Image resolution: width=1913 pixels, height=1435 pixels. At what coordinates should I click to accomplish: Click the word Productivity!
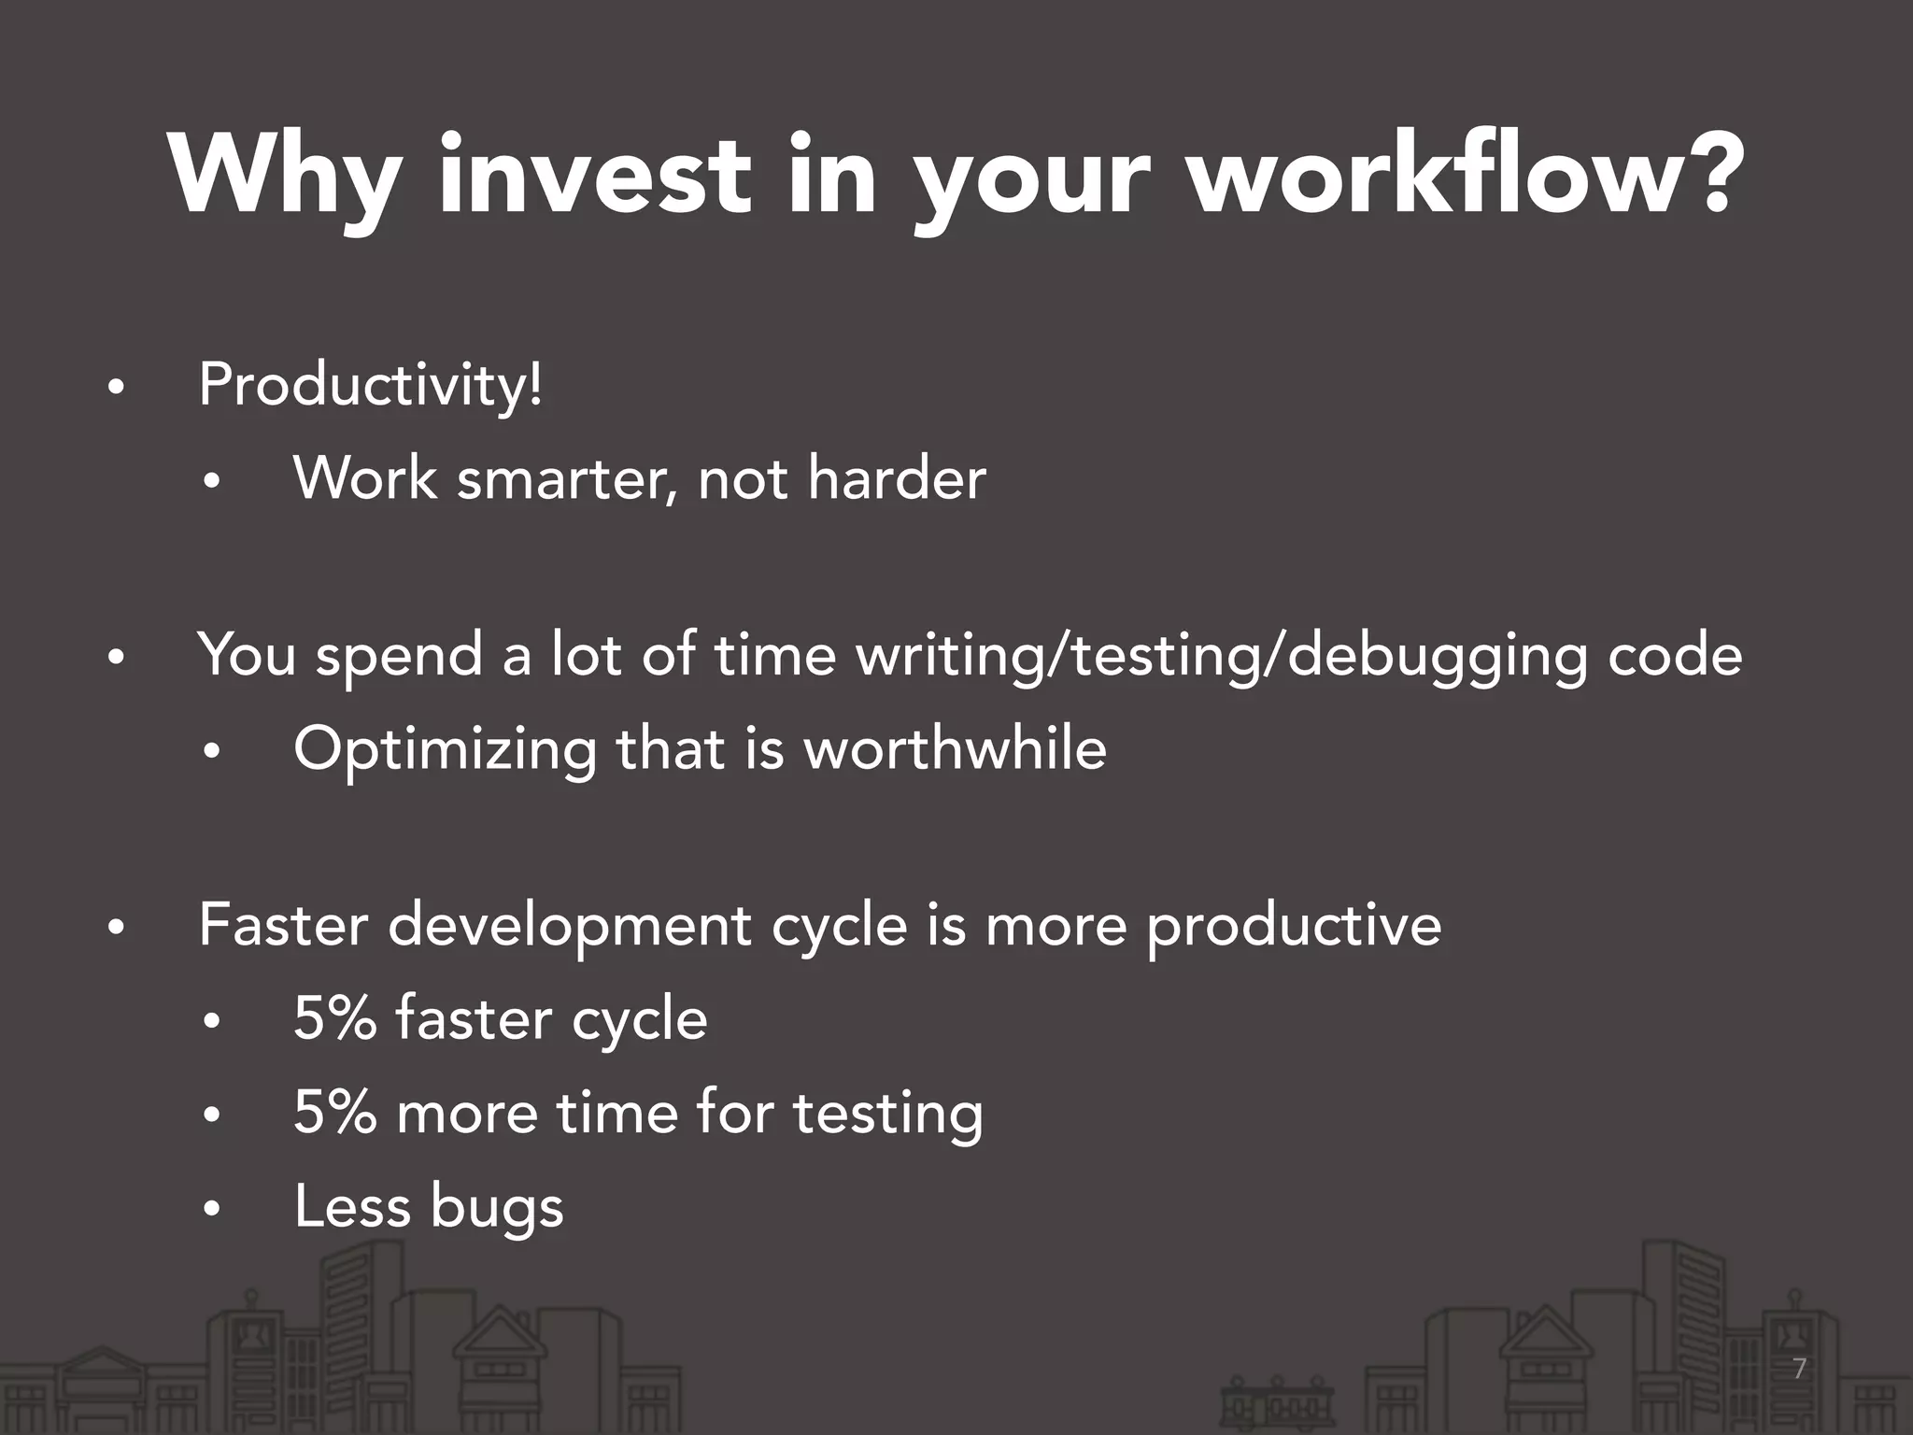pyautogui.click(x=370, y=387)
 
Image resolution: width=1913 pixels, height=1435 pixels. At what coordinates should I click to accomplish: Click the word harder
pyautogui.click(x=896, y=478)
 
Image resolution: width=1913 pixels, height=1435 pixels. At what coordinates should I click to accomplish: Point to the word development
pyautogui.click(x=569, y=928)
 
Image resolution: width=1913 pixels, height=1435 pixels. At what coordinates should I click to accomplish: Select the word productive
pyautogui.click(x=1294, y=928)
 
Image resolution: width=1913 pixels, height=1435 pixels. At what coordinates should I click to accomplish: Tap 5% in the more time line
pyautogui.click(x=334, y=1113)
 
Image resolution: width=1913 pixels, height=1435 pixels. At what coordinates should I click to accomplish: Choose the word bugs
pyautogui.click(x=497, y=1208)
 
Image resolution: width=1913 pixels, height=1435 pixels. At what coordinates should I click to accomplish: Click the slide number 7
pyautogui.click(x=1799, y=1370)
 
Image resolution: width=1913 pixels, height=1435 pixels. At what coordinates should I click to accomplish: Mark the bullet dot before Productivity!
pyautogui.click(x=115, y=390)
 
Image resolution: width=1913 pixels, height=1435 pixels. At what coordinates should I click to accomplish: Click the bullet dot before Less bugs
pyautogui.click(x=211, y=1210)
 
